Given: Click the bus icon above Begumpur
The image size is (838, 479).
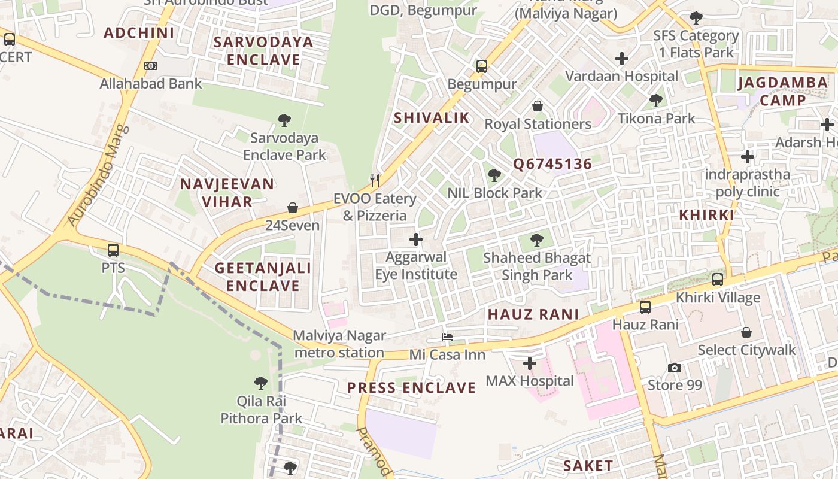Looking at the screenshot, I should tap(482, 66).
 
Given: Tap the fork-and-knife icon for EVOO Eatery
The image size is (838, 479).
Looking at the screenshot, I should tap(375, 180).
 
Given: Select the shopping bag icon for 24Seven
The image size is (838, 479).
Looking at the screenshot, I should tap(293, 208).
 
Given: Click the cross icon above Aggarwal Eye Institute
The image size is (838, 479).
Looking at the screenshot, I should tap(415, 240).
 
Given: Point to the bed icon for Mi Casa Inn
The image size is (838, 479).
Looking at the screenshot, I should tap(447, 337).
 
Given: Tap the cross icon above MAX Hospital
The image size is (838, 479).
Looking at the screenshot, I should tap(529, 363).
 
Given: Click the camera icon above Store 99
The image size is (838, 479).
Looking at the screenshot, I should tap(675, 368).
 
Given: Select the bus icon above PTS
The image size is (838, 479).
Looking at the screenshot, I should tap(113, 250).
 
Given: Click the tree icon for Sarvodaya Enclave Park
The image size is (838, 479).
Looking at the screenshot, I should tap(284, 120).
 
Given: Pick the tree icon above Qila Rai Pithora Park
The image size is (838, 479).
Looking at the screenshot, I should tap(261, 383).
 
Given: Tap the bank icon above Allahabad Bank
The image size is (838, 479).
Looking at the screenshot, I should tap(150, 66).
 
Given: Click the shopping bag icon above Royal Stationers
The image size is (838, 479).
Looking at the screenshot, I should tap(538, 106).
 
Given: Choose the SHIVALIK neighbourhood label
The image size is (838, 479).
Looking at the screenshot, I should tap(432, 118).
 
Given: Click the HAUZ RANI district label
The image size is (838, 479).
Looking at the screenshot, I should tap(533, 314).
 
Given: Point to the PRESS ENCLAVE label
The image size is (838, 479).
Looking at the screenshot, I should tap(412, 388).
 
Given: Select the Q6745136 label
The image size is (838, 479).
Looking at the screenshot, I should tap(552, 164).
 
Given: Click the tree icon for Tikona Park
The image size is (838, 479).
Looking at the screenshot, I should tap(656, 101).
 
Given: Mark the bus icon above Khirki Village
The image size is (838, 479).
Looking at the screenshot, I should tap(717, 280).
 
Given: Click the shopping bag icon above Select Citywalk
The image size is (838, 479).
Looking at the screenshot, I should tap(746, 332).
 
